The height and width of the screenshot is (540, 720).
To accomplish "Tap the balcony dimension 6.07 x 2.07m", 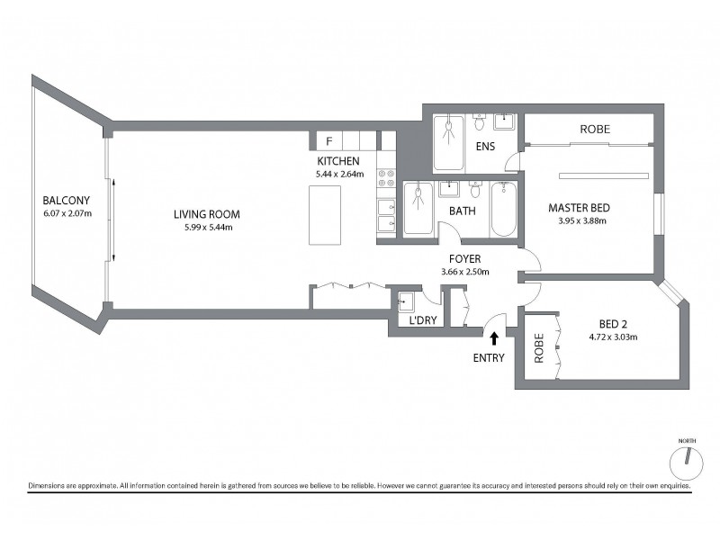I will coord(67,213).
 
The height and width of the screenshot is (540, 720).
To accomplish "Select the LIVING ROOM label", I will coord(207,214).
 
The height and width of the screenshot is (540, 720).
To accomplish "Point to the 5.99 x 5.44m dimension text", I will coord(207,227).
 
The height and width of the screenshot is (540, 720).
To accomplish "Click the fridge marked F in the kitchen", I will coord(329,141).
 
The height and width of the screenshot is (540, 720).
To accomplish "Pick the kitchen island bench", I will coord(325,214).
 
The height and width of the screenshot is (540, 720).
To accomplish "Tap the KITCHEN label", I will coord(338,161).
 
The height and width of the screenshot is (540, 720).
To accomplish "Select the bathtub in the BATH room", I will coord(502,211).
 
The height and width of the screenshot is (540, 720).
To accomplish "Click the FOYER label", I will coord(463,259).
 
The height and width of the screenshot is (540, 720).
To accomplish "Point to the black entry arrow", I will coord(494,337).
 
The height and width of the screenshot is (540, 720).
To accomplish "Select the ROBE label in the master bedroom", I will coord(594,130).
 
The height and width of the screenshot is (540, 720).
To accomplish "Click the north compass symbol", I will coord(686,461).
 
